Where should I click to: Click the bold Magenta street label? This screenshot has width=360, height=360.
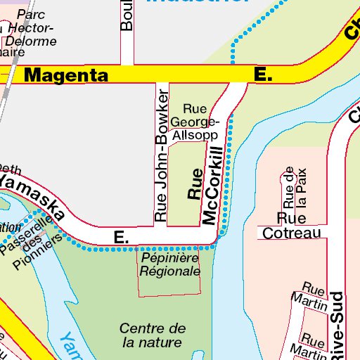point(66,75)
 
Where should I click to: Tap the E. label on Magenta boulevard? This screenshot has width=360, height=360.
point(263,75)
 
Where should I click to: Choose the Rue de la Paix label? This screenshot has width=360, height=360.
point(294,187)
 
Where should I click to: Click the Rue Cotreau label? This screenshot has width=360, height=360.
point(298,226)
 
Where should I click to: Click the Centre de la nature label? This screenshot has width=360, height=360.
point(152,335)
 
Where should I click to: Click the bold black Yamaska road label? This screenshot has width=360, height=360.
point(32,197)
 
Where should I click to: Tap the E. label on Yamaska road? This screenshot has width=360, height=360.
point(122,238)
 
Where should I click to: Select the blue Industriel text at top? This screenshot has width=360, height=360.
point(197,2)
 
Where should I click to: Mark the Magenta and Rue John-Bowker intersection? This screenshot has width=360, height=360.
point(162,75)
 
